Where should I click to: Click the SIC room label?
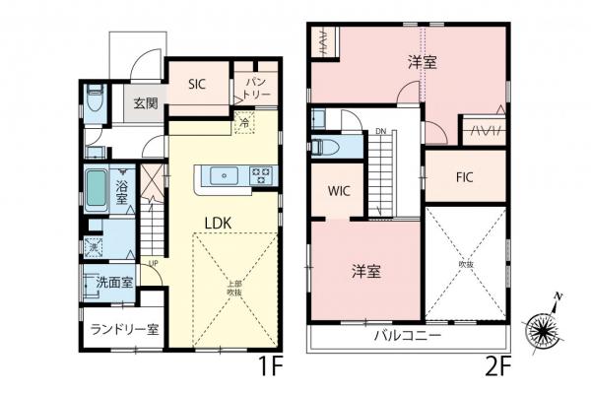[196, 85]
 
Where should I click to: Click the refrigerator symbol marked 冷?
[244, 124]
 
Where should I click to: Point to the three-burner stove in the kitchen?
[262, 176]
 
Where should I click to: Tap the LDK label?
[218, 223]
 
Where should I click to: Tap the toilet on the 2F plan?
[328, 148]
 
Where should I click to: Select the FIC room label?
[466, 178]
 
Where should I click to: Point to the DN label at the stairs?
[379, 131]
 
